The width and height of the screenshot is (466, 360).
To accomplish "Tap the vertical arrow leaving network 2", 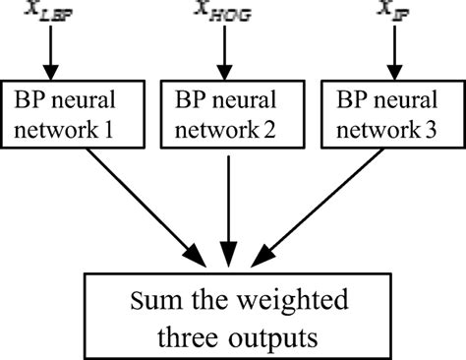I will click(229, 207).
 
